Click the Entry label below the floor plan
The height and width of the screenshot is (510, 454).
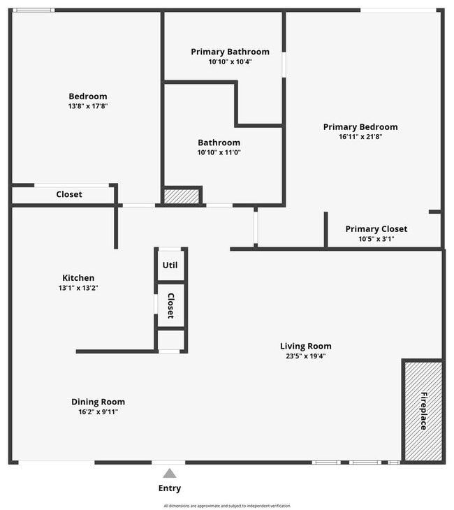tap(170, 488)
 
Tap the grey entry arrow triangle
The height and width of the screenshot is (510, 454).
tap(170, 474)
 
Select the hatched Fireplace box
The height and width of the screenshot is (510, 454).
tap(423, 411)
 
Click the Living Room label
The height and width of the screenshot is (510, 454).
tap(305, 346)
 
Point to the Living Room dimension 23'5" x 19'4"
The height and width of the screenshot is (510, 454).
tap(305, 356)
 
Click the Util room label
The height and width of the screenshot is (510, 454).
tap(170, 265)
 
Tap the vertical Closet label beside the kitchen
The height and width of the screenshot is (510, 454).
tap(170, 305)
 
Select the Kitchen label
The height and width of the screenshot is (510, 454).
tap(78, 278)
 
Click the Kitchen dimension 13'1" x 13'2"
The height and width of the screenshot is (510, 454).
tap(78, 288)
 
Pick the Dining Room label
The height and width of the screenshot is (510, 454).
tap(98, 402)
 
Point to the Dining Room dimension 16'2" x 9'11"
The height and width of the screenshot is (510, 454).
tap(98, 411)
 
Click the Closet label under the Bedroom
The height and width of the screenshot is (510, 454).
tap(69, 194)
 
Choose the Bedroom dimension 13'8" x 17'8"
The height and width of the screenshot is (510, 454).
tap(88, 106)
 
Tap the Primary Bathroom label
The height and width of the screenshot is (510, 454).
tap(230, 52)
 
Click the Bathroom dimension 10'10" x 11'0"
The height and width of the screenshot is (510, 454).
tap(219, 152)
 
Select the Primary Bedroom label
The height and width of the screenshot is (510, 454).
tap(360, 127)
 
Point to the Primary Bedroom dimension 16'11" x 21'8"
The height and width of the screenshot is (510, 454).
tap(360, 137)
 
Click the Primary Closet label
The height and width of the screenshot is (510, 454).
tap(376, 229)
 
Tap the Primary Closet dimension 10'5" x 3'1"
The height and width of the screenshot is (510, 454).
tap(376, 239)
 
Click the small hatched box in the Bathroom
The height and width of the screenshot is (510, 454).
tap(182, 196)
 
